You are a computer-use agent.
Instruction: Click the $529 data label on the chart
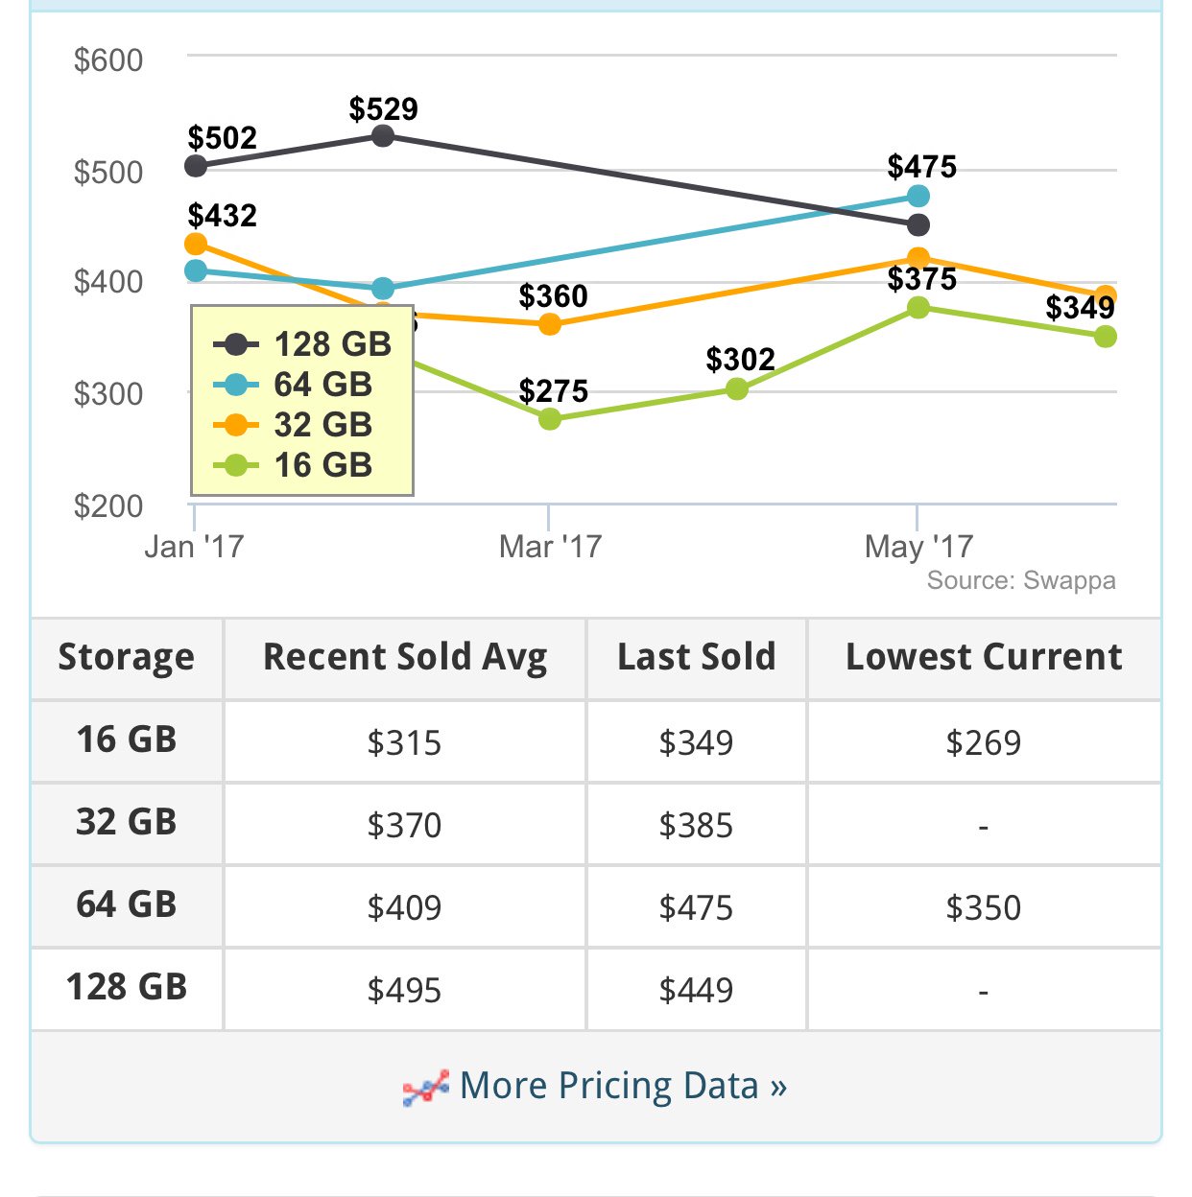pyautogui.click(x=383, y=109)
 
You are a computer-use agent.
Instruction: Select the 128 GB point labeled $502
pyautogui.click(x=196, y=166)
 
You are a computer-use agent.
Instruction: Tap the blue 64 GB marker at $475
pyautogui.click(x=918, y=197)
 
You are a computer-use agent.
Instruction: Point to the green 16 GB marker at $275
pyautogui.click(x=550, y=419)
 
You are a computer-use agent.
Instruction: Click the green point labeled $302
pyautogui.click(x=737, y=388)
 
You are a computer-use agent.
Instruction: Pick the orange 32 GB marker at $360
pyautogui.click(x=550, y=324)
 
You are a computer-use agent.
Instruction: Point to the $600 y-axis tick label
pyautogui.click(x=108, y=60)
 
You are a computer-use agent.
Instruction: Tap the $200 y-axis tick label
pyautogui.click(x=108, y=505)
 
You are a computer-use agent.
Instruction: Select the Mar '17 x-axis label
pyautogui.click(x=550, y=547)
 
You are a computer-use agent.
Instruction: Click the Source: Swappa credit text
pyautogui.click(x=1020, y=581)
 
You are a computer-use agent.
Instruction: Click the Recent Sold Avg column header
pyautogui.click(x=405, y=658)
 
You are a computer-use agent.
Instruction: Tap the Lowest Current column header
pyautogui.click(x=984, y=658)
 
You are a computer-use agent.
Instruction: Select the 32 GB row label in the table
pyautogui.click(x=127, y=823)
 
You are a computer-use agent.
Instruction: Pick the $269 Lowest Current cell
pyautogui.click(x=984, y=742)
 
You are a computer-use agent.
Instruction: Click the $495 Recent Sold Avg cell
pyautogui.click(x=405, y=990)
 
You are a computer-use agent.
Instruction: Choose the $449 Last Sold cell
pyautogui.click(x=696, y=990)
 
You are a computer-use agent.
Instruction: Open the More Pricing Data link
pyautogui.click(x=623, y=1086)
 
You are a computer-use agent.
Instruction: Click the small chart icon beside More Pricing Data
pyautogui.click(x=425, y=1089)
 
